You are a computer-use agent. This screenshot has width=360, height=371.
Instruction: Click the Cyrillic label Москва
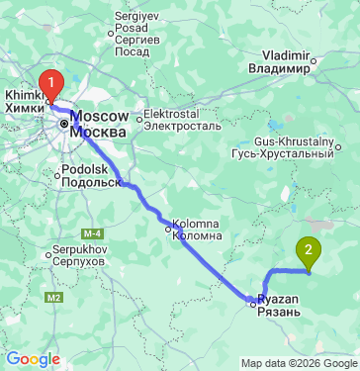coord(101,132)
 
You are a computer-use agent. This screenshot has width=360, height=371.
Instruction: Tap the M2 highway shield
coord(54,296)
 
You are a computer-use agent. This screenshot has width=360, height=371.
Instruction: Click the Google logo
coord(33,359)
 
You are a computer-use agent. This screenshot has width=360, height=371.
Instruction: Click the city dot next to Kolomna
coord(168,228)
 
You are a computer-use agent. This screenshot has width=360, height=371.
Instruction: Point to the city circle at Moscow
coord(64,126)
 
